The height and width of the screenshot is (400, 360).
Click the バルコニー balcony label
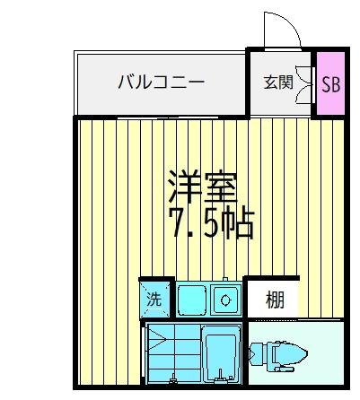pos(161,83)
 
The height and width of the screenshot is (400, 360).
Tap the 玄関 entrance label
pos(277,83)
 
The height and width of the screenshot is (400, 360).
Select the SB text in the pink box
pos(331,83)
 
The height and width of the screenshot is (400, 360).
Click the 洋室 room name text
pos(201,186)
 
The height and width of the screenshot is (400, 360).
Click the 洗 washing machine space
pos(154,300)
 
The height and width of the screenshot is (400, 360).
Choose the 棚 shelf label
pos(275,300)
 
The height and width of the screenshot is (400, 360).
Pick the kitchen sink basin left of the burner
pos(191,299)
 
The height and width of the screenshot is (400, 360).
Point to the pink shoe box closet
pos(332,83)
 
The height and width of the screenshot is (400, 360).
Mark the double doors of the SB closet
pos(312,83)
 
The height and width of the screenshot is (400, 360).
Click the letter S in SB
pos(326,83)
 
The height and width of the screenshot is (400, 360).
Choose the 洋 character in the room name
pos(182,186)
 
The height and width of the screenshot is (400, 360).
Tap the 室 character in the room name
pos(220,186)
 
